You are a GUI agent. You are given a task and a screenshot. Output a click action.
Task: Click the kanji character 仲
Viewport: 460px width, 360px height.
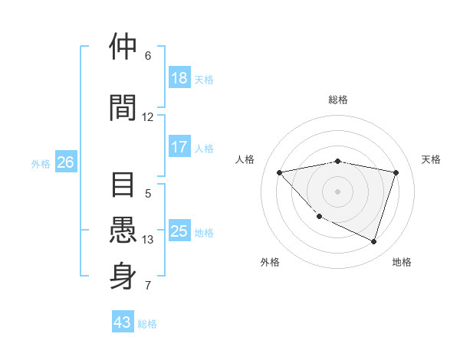(x=124, y=47)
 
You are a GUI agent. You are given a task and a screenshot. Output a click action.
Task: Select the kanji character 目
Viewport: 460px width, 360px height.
(x=124, y=186)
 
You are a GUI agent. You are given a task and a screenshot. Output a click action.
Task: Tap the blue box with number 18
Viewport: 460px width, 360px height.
(x=179, y=78)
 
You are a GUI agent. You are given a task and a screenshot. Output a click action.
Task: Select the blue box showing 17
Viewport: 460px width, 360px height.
(x=179, y=147)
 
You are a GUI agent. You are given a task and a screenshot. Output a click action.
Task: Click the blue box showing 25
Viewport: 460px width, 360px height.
(x=179, y=231)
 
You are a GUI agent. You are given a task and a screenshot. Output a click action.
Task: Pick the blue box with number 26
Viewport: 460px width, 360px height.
(x=65, y=162)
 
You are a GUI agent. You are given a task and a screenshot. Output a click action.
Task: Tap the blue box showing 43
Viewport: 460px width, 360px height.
(x=123, y=322)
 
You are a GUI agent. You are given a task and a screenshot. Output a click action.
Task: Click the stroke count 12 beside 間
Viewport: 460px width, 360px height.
(x=147, y=117)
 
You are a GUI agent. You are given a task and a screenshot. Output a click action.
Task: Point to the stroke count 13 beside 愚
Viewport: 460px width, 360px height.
(x=148, y=240)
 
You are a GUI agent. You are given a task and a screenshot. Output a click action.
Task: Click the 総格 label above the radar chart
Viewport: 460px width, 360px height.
(x=337, y=100)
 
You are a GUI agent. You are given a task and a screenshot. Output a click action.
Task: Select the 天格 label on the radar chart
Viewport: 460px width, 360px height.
(x=431, y=159)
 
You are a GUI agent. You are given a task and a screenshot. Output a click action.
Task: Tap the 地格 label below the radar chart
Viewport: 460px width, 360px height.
(x=402, y=262)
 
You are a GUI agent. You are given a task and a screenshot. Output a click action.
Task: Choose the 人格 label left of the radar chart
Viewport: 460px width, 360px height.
(x=245, y=159)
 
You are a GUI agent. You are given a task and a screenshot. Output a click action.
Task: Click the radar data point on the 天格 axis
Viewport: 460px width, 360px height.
(x=396, y=172)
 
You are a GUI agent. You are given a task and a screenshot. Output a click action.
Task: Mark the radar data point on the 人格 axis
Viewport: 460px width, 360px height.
(x=279, y=172)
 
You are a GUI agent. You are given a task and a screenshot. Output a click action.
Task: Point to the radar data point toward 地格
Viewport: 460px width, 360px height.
(x=373, y=241)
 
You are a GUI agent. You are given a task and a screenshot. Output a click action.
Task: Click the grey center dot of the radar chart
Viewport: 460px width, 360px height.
(x=337, y=191)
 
